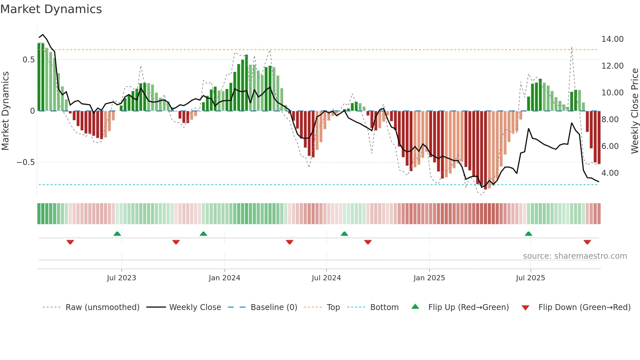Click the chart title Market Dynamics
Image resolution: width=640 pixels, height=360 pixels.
coord(51,9)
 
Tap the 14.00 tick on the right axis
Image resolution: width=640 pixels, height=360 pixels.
coord(612,39)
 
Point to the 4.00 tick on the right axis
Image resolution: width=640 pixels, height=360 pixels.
coord(610,173)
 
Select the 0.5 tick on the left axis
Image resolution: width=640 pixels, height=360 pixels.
coord(28,60)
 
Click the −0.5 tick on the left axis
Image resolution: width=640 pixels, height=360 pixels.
coord(25,162)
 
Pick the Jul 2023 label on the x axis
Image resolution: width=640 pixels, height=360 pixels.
coord(121,278)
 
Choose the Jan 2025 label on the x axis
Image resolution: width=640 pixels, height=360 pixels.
coord(429,278)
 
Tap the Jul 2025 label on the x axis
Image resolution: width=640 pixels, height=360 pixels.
coord(530,278)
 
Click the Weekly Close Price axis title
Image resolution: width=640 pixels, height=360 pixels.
coord(634,111)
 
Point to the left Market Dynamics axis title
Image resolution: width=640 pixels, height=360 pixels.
coord(5,111)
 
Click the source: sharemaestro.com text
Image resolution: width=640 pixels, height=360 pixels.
coord(575,256)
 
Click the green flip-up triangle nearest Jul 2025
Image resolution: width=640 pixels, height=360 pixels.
coord(528,234)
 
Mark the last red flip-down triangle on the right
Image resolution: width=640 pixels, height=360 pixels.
coord(587,242)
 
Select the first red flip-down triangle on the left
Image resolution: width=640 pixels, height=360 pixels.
coord(70,242)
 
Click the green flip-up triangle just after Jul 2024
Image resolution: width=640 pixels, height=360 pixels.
coord(344,234)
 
